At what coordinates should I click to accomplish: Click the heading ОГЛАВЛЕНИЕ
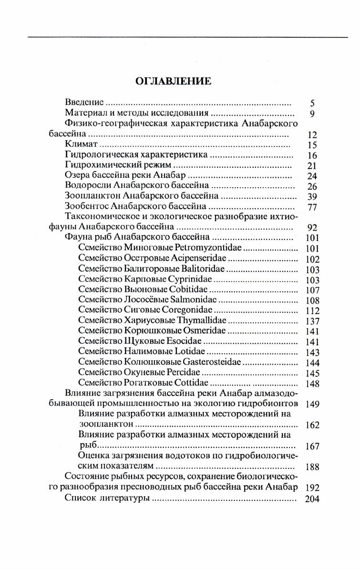point(173,81)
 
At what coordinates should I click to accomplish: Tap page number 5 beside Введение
point(312,103)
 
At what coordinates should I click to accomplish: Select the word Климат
point(81,144)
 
